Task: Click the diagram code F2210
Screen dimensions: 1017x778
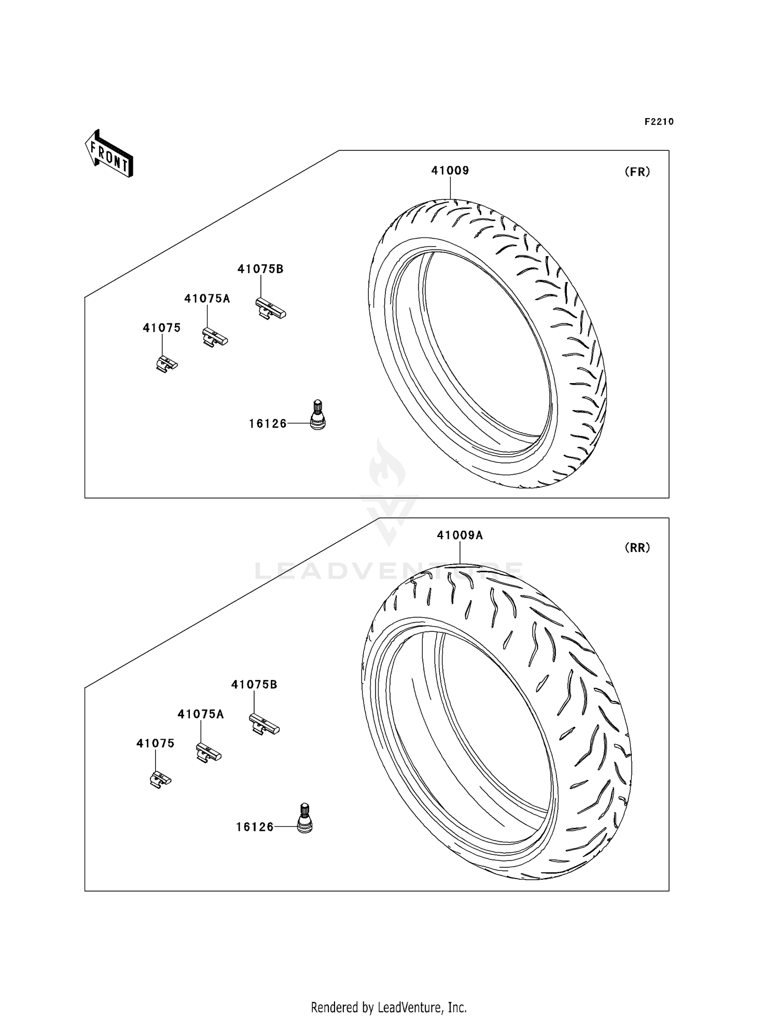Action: coord(659,122)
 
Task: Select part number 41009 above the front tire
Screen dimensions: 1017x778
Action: coord(450,171)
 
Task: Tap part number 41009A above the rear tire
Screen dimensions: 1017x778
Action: coord(460,535)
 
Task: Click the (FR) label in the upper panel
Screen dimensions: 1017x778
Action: coord(637,172)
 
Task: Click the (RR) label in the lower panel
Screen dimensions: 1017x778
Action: coord(637,548)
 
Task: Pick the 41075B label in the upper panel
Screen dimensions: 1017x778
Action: coord(260,269)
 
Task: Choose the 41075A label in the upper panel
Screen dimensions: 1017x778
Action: coord(207,299)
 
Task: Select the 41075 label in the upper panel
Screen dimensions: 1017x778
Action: coord(162,328)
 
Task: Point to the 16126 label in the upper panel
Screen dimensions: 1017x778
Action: coord(268,423)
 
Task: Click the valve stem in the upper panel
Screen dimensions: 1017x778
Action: coord(317,415)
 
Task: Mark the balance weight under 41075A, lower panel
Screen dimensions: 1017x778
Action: coord(209,752)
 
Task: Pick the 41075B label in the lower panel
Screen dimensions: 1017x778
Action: coord(254,685)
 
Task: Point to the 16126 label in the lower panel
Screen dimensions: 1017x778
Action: coord(255,827)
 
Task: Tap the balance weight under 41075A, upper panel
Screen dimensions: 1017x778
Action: coord(215,337)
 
